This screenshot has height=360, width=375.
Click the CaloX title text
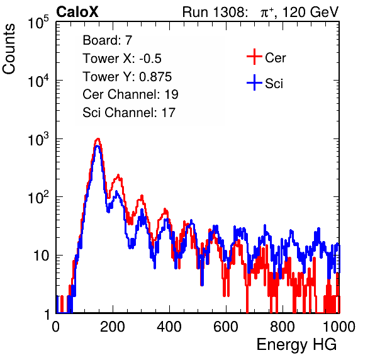pos(77,12)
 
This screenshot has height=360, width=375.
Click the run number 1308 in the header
pos(229,12)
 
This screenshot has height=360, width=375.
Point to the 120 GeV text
pos(311,12)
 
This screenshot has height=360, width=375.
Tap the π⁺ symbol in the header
pos(267,13)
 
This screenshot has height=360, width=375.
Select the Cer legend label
pos(275,58)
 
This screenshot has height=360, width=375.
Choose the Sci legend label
pos(274,84)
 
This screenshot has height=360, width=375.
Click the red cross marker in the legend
pos(254,57)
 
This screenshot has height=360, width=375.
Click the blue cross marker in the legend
pos(254,83)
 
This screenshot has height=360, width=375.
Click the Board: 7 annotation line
pos(108,40)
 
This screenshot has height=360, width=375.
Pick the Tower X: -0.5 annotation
pos(122,59)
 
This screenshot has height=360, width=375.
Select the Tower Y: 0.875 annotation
pos(127,77)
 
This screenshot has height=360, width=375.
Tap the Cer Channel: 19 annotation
pos(130,94)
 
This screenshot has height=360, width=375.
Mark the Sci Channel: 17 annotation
pos(129,113)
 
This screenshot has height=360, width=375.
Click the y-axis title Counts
pos(9,49)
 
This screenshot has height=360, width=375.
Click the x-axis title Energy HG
pos(296,345)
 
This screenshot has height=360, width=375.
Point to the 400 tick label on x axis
pos(169,327)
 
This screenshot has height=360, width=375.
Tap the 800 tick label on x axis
pos(283,327)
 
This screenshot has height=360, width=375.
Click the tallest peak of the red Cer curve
pos(98,138)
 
